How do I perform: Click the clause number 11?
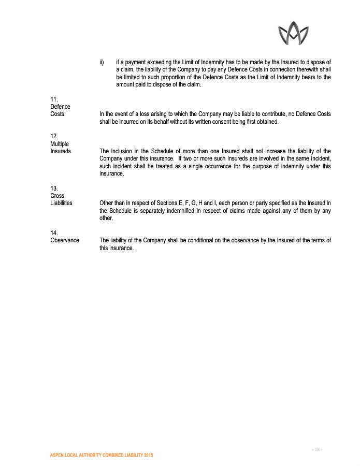tap(53, 99)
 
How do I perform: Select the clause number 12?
tap(53, 136)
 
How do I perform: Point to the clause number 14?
tap(53, 232)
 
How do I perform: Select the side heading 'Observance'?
tap(65, 240)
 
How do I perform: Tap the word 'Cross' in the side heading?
tap(57, 196)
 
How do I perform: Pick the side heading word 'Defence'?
tap(61, 107)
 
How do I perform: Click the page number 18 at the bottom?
tap(317, 449)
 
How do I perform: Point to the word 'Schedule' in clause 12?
tap(152, 151)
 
